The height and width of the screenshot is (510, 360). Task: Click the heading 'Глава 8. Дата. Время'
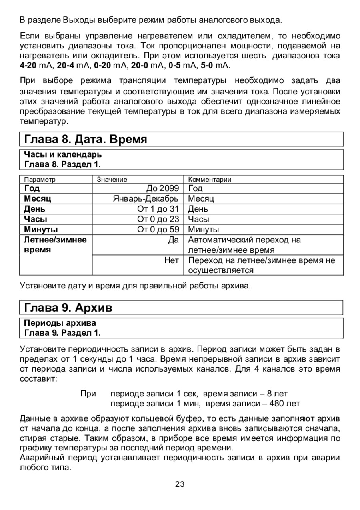coord(86,140)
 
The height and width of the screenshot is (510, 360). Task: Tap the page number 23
coord(180,484)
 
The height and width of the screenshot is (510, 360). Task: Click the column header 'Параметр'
coord(40,180)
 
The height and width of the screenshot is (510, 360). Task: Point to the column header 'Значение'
coord(112,180)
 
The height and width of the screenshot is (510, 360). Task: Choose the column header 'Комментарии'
coord(210,180)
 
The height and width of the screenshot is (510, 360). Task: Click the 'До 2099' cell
coord(163,188)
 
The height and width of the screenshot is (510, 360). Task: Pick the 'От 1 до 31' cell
coord(158,209)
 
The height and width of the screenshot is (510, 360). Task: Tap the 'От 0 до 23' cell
coord(158,219)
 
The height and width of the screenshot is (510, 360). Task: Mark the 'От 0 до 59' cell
coord(158,230)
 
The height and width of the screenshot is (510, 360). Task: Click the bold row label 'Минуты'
coord(41,230)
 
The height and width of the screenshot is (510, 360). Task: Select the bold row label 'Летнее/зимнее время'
coord(55,245)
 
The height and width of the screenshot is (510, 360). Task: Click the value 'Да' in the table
coord(173,240)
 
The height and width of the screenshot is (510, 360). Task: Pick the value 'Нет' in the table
coord(172,260)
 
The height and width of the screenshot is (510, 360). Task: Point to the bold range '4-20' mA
coord(28,64)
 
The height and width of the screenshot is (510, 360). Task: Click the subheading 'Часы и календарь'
coord(63,154)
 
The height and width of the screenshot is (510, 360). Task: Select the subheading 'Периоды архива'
coord(60,322)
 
